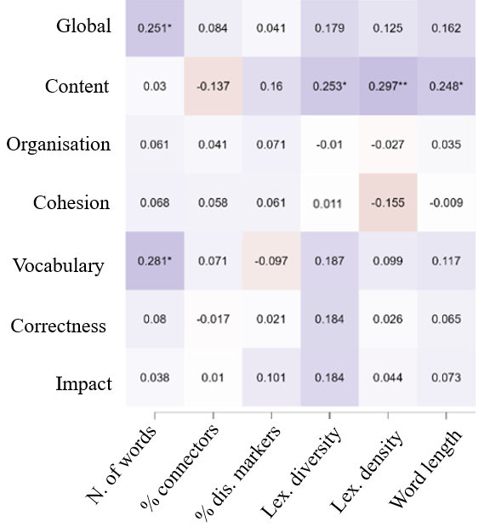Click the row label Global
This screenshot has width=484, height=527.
(x=83, y=26)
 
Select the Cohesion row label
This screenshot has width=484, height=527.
(x=71, y=203)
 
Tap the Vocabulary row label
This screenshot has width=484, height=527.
(x=58, y=266)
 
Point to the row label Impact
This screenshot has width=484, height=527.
(x=85, y=384)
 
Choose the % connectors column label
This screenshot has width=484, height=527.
(x=182, y=469)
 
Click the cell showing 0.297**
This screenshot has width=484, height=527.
(x=388, y=86)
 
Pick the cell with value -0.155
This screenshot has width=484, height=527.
(x=388, y=203)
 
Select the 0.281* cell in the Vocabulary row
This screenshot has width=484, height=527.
(x=155, y=261)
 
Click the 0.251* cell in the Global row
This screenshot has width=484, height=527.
(x=155, y=28)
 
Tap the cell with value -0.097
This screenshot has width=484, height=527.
(x=271, y=261)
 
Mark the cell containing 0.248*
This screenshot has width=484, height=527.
(x=446, y=86)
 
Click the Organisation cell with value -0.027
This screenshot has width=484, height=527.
(x=388, y=144)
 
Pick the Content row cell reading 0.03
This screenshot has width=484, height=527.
(x=155, y=86)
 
